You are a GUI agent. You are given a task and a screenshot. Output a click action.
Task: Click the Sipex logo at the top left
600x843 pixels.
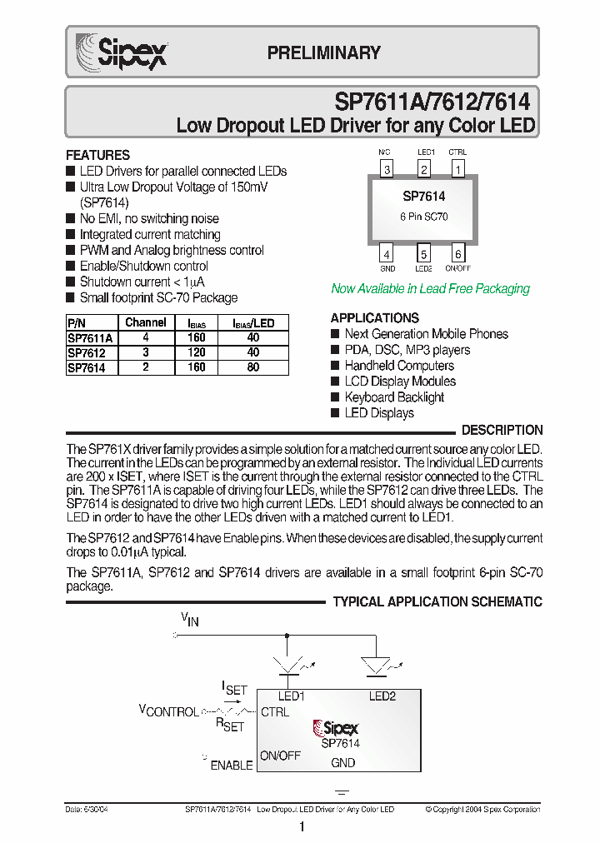click(x=122, y=51)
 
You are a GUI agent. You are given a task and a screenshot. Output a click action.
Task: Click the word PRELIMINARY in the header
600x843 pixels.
click(x=323, y=52)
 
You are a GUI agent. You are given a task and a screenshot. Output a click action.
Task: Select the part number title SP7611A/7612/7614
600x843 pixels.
click(x=431, y=102)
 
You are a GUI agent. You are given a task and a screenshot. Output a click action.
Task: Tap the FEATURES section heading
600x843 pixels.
click(x=97, y=155)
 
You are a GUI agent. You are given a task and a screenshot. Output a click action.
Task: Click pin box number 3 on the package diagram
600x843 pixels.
click(x=387, y=170)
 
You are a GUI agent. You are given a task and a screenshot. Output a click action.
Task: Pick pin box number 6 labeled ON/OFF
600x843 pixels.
click(x=457, y=254)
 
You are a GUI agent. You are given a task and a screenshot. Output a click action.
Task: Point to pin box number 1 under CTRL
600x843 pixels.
click(x=457, y=170)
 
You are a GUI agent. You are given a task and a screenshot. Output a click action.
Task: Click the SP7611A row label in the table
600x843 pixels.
click(x=90, y=338)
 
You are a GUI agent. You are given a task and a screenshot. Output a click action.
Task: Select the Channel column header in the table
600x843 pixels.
click(x=146, y=322)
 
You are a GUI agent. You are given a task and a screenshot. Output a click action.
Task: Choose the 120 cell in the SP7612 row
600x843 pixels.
click(x=196, y=352)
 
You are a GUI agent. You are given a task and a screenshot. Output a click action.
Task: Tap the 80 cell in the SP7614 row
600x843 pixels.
click(x=253, y=367)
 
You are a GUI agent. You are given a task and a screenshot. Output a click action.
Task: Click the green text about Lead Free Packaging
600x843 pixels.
click(x=430, y=288)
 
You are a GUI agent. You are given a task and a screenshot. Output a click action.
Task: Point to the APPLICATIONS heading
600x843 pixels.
click(x=374, y=317)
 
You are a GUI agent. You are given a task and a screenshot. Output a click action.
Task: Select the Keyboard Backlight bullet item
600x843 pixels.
click(x=394, y=397)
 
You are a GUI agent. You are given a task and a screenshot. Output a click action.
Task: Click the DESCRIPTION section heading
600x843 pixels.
click(x=502, y=430)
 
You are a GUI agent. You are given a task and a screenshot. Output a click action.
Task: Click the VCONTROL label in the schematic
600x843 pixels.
click(x=168, y=711)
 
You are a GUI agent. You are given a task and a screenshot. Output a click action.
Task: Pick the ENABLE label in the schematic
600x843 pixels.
click(x=231, y=765)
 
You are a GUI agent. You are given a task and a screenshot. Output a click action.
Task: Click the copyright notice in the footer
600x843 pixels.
click(x=482, y=809)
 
